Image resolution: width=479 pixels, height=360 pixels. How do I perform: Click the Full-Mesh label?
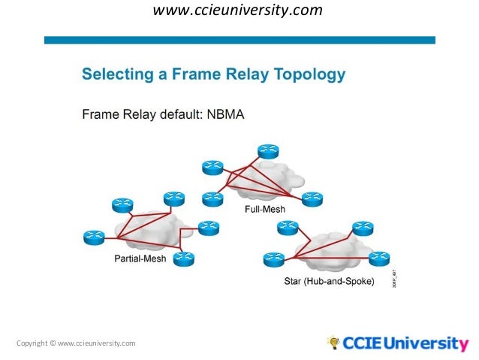click(x=265, y=208)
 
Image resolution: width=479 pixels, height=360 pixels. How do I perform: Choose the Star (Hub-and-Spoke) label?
click(x=329, y=282)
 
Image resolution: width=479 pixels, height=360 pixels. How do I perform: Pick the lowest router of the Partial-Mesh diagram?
click(x=183, y=259)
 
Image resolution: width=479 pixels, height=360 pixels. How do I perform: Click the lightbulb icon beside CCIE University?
click(x=333, y=343)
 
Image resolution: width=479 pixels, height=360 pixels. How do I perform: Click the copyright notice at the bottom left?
click(x=76, y=343)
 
